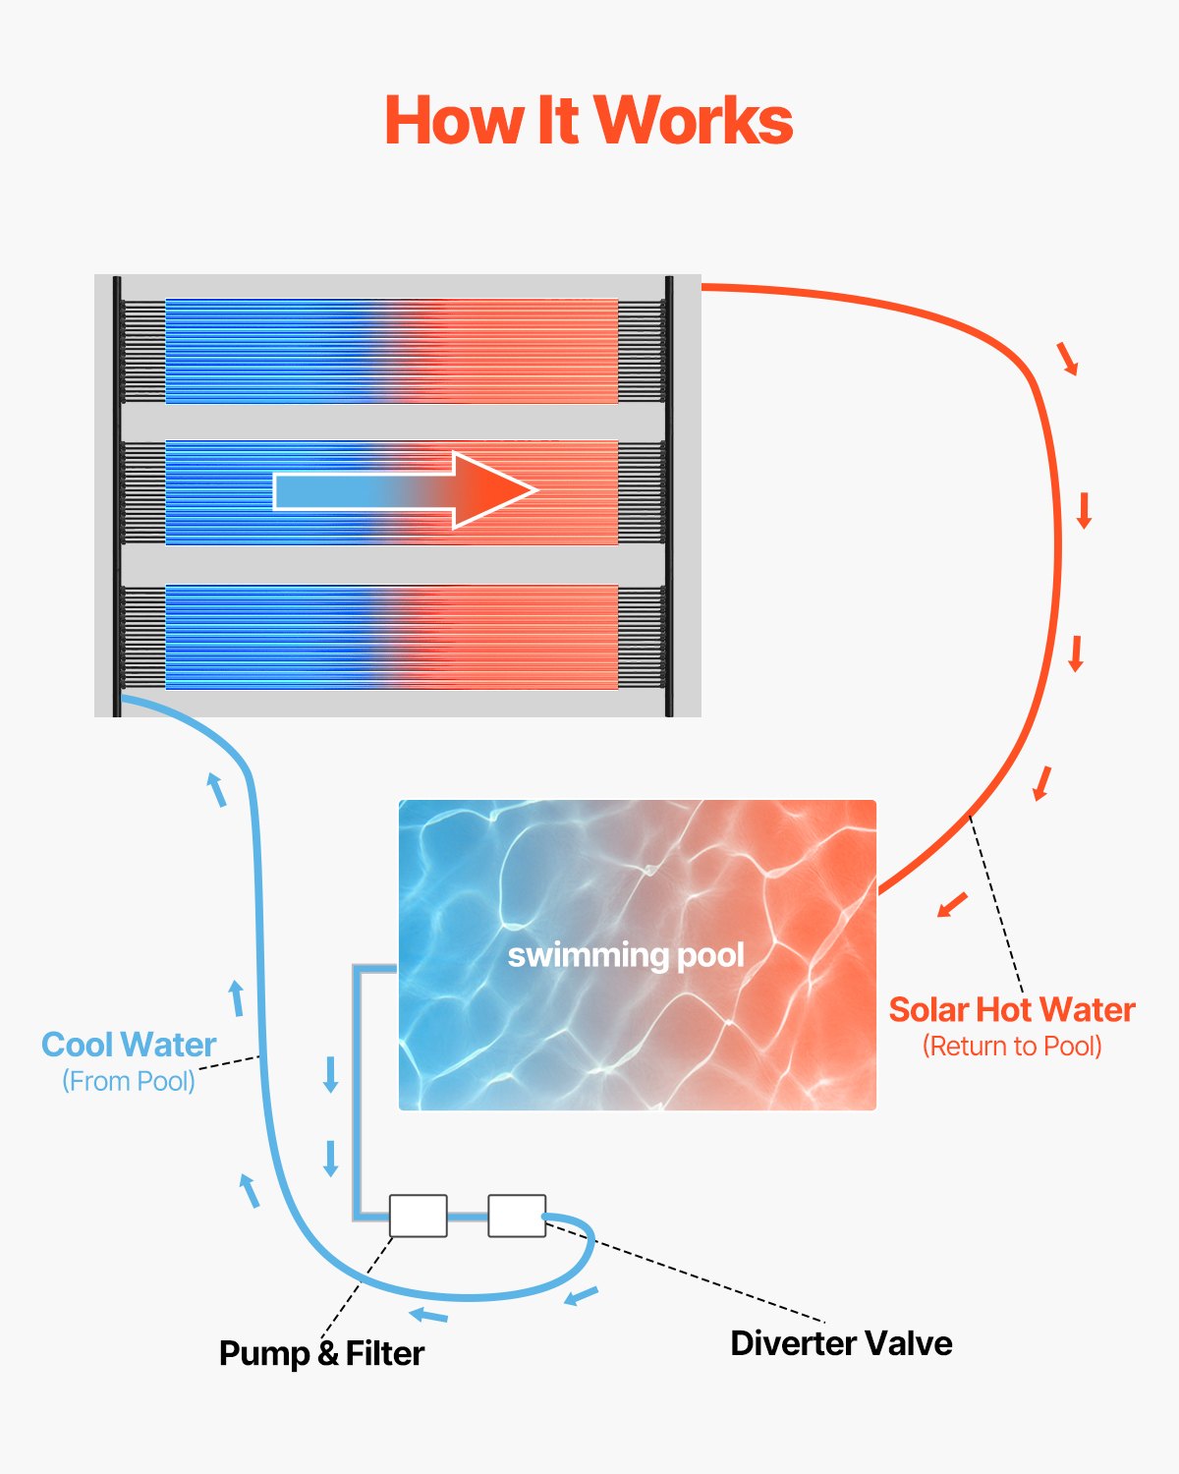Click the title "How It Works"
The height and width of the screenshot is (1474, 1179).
(588, 121)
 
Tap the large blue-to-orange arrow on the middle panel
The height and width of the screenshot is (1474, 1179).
(405, 490)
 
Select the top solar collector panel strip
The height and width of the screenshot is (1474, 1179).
(391, 351)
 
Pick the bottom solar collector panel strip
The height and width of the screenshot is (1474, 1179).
(391, 637)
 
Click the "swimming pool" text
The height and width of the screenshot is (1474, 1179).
(626, 955)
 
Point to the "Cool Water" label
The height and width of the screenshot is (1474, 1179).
(129, 1045)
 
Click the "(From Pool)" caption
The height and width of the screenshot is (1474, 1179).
(129, 1081)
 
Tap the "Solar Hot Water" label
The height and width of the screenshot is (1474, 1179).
(1012, 1010)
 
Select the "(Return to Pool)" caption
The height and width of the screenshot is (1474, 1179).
(1012, 1047)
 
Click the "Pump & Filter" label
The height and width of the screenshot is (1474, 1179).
(321, 1353)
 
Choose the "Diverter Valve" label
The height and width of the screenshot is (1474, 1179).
(841, 1343)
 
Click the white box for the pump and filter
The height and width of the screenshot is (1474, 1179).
(419, 1216)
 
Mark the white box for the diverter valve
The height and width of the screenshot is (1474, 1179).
(517, 1216)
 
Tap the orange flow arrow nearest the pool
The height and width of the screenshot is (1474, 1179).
(952, 904)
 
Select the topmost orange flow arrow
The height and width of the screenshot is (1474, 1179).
(1068, 359)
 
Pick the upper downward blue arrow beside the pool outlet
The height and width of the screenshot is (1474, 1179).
(331, 1074)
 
